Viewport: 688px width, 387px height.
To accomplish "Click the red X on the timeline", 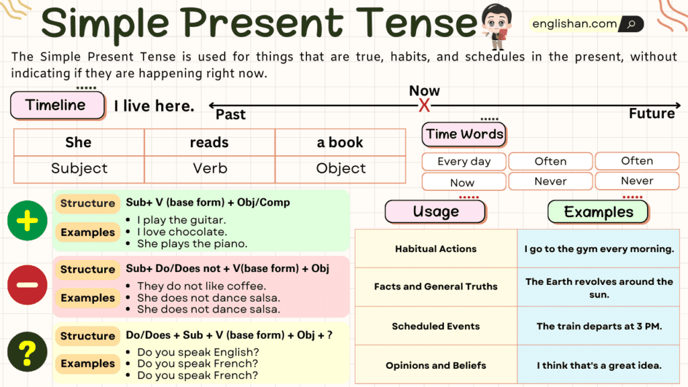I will point(424,105).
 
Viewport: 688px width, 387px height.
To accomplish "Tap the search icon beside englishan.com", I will point(631,24).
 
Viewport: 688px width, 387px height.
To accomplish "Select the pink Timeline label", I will point(57,105).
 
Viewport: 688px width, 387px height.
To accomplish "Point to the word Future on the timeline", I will point(651,114).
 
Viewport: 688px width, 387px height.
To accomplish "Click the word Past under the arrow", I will point(230,115).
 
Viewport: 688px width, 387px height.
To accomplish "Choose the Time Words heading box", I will point(464,134).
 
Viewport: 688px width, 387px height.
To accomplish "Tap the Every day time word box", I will point(464,161).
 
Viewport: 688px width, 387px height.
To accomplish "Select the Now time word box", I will point(462,182).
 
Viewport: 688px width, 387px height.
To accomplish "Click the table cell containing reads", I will point(210,142).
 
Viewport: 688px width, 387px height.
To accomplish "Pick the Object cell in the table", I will point(341,169).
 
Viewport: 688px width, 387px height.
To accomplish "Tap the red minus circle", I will point(27,285).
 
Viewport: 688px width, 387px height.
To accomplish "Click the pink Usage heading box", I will point(435,212).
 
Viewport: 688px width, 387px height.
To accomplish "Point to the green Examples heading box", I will point(598,212).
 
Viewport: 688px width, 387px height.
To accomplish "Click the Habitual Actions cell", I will point(435,249).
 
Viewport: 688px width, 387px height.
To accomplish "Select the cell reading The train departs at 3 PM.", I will point(599,327).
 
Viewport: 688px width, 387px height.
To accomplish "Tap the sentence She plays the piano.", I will point(192,244).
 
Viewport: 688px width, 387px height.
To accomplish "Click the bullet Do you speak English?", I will point(198,352).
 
